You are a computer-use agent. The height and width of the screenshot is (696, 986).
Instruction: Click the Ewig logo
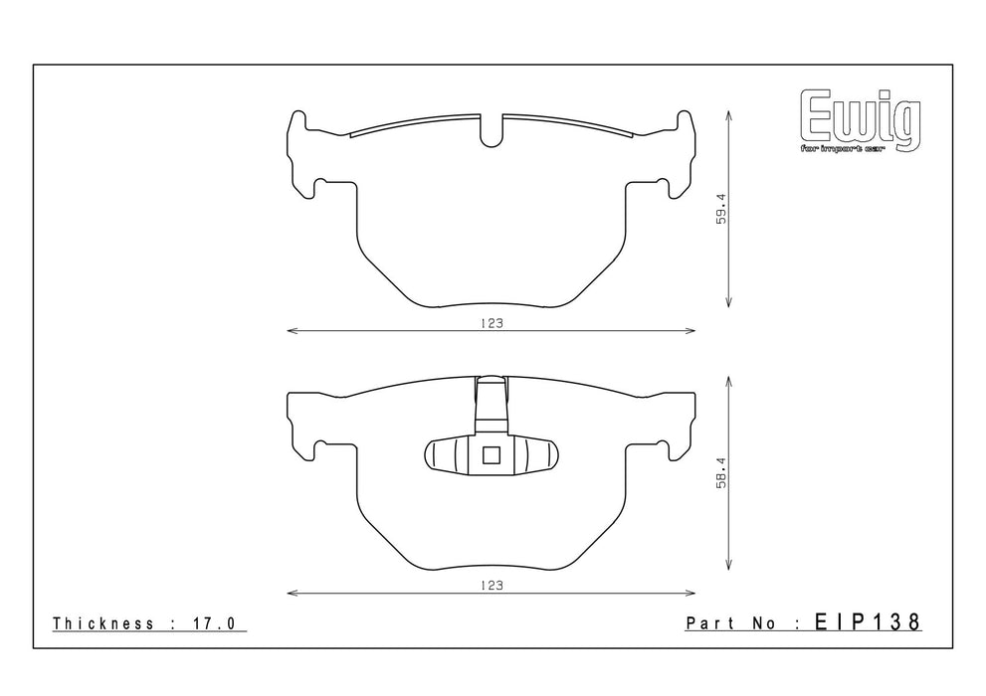coord(861,122)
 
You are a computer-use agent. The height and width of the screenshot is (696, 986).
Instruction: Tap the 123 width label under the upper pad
coord(492,323)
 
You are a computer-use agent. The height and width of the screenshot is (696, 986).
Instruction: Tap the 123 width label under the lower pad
coord(492,586)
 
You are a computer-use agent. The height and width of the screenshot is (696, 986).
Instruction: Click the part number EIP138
coord(868,622)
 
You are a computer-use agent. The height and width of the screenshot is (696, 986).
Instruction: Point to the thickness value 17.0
coord(213,623)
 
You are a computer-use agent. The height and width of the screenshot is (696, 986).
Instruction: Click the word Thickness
coord(103,623)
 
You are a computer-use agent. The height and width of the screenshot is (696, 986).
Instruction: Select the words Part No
coord(729,623)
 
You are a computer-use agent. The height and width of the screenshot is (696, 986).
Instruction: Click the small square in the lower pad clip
coord(492,454)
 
